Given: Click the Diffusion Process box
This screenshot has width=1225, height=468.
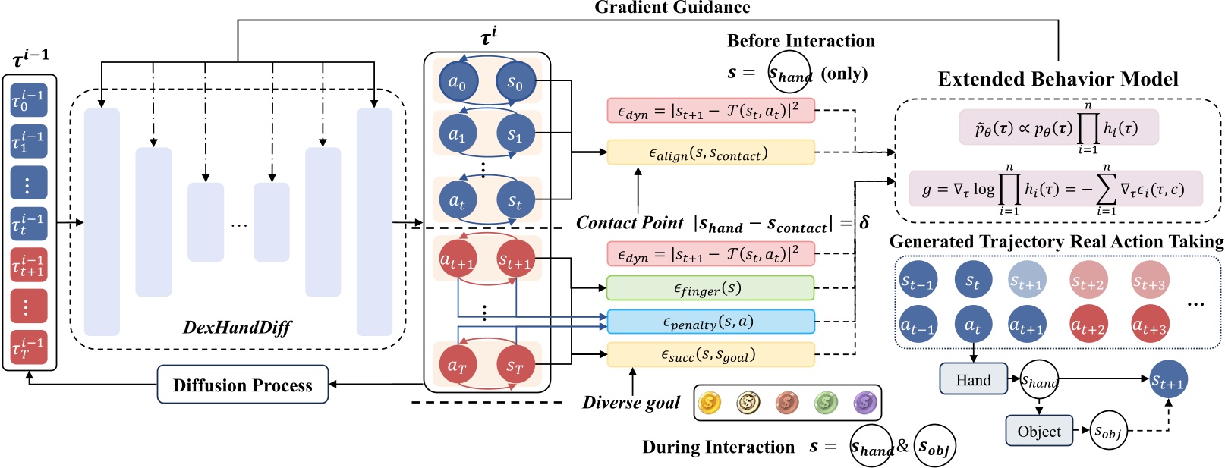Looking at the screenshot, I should click(243, 385).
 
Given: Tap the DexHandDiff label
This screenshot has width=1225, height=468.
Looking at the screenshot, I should click(237, 328).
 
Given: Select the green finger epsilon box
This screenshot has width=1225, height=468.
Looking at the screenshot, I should click(710, 288).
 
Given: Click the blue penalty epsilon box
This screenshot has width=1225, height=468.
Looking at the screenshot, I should click(710, 322).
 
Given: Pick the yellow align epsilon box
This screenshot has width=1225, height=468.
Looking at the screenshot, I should click(710, 152).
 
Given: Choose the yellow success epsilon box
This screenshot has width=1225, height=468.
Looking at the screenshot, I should click(710, 354).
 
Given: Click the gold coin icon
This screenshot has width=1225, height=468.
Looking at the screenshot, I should click(710, 402).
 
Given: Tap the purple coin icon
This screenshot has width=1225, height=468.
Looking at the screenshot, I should click(864, 402).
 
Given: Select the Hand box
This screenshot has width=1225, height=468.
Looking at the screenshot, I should click(973, 379).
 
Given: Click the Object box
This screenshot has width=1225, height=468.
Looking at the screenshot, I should click(1039, 431).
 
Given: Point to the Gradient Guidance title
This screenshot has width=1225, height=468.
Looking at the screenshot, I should click(672, 8).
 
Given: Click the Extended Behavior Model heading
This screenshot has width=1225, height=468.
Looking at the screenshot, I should click(1058, 79).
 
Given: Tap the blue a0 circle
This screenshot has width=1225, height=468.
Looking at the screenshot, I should click(457, 82).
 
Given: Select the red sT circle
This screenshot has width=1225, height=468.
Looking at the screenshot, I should click(515, 366).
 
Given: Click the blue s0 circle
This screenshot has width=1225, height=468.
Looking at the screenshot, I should click(515, 82).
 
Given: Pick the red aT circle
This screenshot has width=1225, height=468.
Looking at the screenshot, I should click(457, 366).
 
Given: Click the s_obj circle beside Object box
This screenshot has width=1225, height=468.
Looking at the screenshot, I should click(1108, 431).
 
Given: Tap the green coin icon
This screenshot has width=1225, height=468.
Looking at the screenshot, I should click(826, 402).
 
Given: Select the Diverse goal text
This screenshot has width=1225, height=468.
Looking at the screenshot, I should click(631, 403).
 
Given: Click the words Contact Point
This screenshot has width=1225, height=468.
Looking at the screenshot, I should click(629, 223).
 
